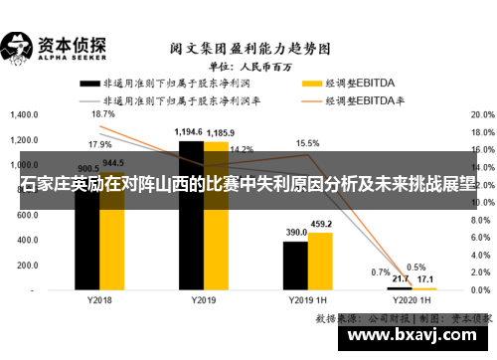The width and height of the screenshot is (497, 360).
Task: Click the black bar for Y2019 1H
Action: (295, 265)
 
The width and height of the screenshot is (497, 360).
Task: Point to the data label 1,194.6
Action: (189, 132)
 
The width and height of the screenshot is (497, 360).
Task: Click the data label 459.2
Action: (320, 224)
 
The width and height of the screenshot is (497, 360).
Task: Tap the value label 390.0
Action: (296, 232)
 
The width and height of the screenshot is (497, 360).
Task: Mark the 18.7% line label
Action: (102, 114)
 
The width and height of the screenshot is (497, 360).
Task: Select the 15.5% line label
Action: (308, 143)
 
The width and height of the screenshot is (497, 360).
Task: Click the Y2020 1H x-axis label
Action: (412, 300)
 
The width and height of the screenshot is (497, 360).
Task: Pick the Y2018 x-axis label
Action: (99, 300)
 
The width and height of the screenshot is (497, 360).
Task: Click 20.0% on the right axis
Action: (482, 114)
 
